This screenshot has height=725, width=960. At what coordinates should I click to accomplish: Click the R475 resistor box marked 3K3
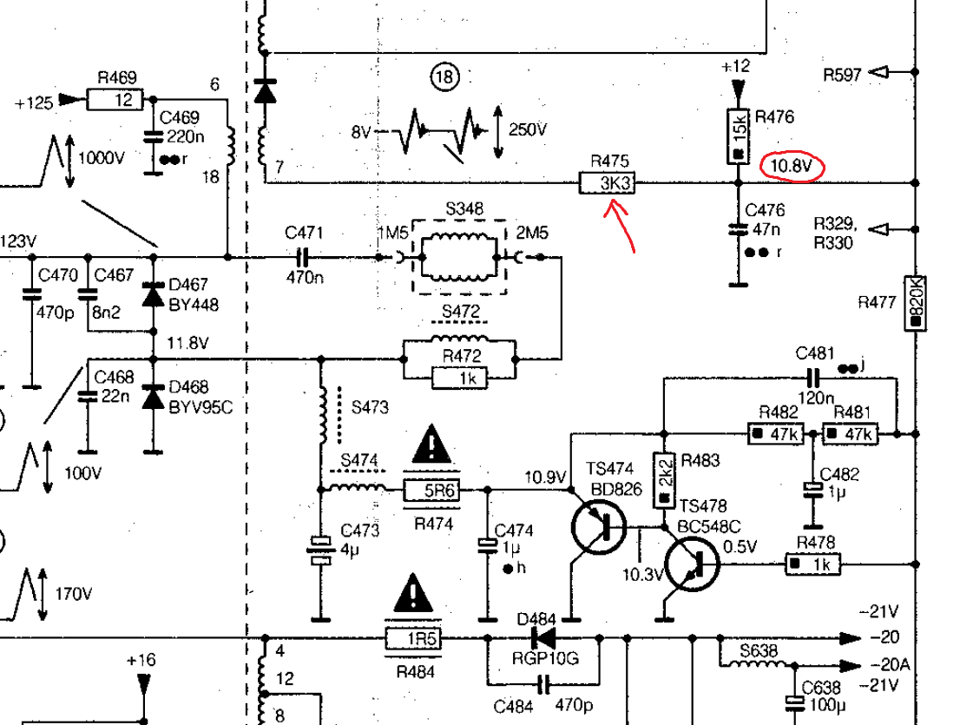pyautogui.click(x=607, y=183)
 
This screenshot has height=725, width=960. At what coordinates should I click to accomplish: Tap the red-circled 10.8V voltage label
pyautogui.click(x=790, y=165)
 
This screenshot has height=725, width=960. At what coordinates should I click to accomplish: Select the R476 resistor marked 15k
pyautogui.click(x=738, y=135)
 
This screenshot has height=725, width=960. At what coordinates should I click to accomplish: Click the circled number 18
pyautogui.click(x=444, y=79)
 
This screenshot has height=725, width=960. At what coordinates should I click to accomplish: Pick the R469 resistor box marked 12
pyautogui.click(x=114, y=100)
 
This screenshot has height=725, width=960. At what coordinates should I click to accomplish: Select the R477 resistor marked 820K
pyautogui.click(x=915, y=303)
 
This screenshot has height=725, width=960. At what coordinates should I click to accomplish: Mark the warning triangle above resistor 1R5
pyautogui.click(x=413, y=593)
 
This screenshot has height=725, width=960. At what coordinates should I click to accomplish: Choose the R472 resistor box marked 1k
pyautogui.click(x=459, y=377)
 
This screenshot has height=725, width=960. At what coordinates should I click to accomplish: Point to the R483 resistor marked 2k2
pyautogui.click(x=663, y=481)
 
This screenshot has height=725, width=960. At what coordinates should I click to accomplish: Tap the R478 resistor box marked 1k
pyautogui.click(x=813, y=564)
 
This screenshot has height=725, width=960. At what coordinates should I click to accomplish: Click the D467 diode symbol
pyautogui.click(x=155, y=295)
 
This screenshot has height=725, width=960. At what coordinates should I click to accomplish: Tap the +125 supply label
pyautogui.click(x=34, y=103)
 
